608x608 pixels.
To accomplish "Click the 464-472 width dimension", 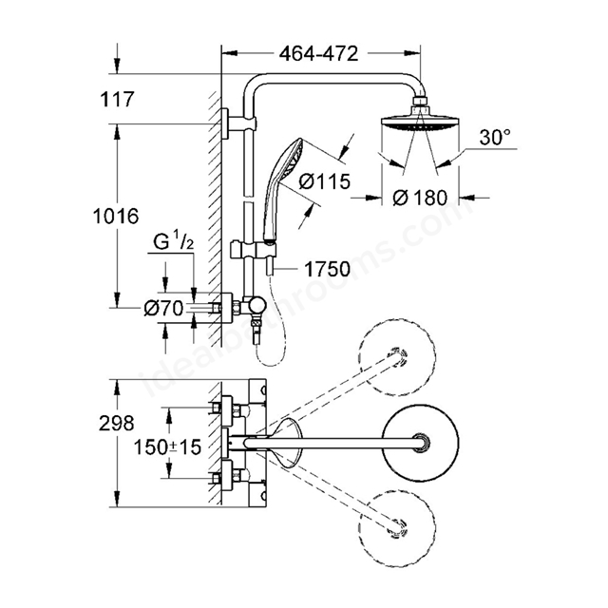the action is [318, 54].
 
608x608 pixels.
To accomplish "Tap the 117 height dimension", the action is [117, 99].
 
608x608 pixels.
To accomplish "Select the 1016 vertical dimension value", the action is [116, 216].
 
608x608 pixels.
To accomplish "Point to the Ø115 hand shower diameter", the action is [324, 181].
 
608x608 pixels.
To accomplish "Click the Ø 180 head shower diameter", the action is [420, 198].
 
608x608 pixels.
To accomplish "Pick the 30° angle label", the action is [495, 137].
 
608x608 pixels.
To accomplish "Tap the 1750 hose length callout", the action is [327, 269].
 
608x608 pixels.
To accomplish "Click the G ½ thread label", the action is [173, 243].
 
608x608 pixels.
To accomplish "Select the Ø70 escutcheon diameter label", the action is [163, 309].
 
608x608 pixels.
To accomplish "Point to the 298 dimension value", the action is [116, 423].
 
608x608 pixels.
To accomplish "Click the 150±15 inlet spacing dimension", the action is [167, 447].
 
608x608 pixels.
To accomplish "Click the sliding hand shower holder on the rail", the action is [253, 249].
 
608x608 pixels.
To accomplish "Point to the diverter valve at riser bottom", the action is [256, 306].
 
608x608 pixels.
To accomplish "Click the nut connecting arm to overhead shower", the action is [420, 103].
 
